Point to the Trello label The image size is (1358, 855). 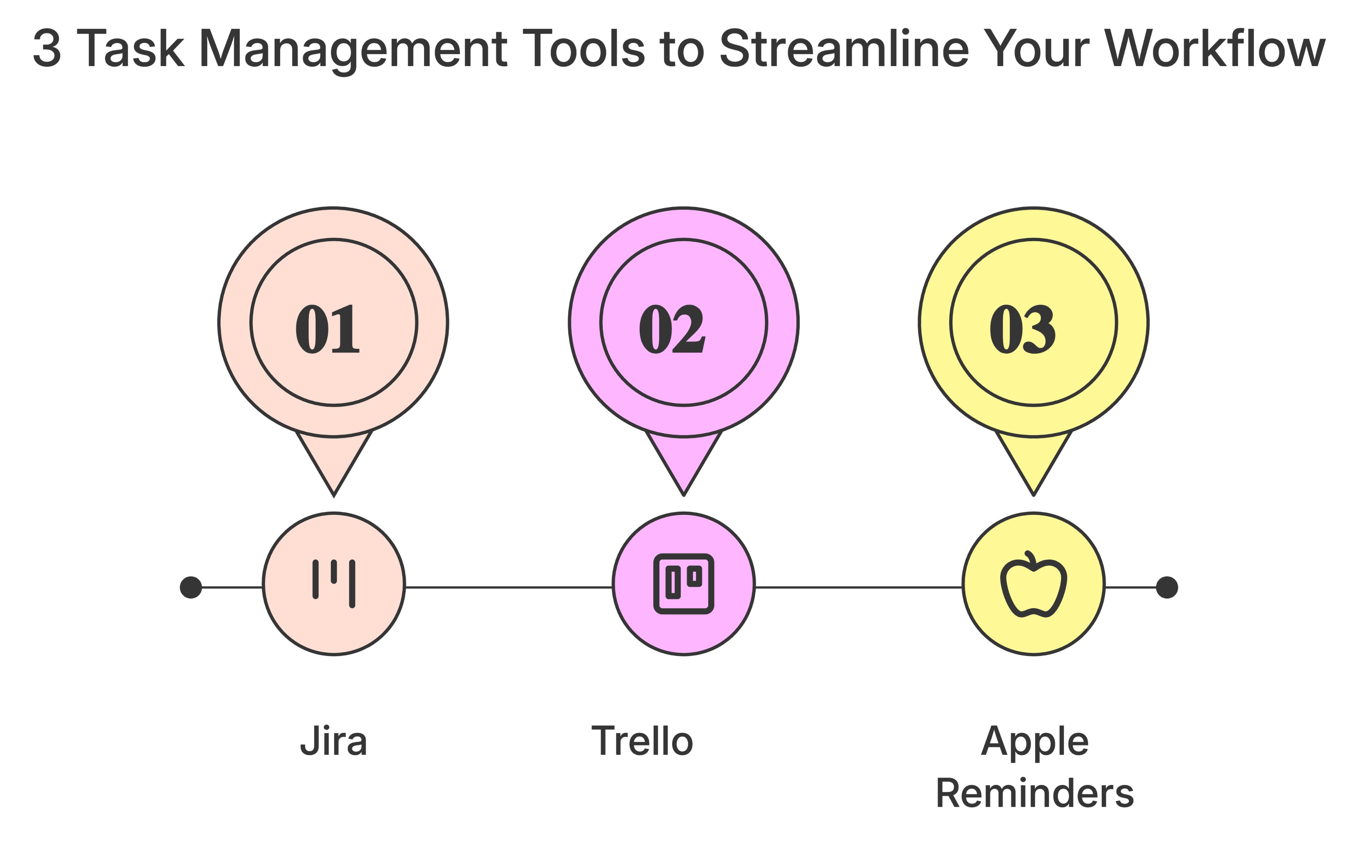coord(642,741)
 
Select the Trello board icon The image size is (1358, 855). coord(684,584)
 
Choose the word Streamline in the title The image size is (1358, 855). coord(844,48)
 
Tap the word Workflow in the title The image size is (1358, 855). coord(1215,48)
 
